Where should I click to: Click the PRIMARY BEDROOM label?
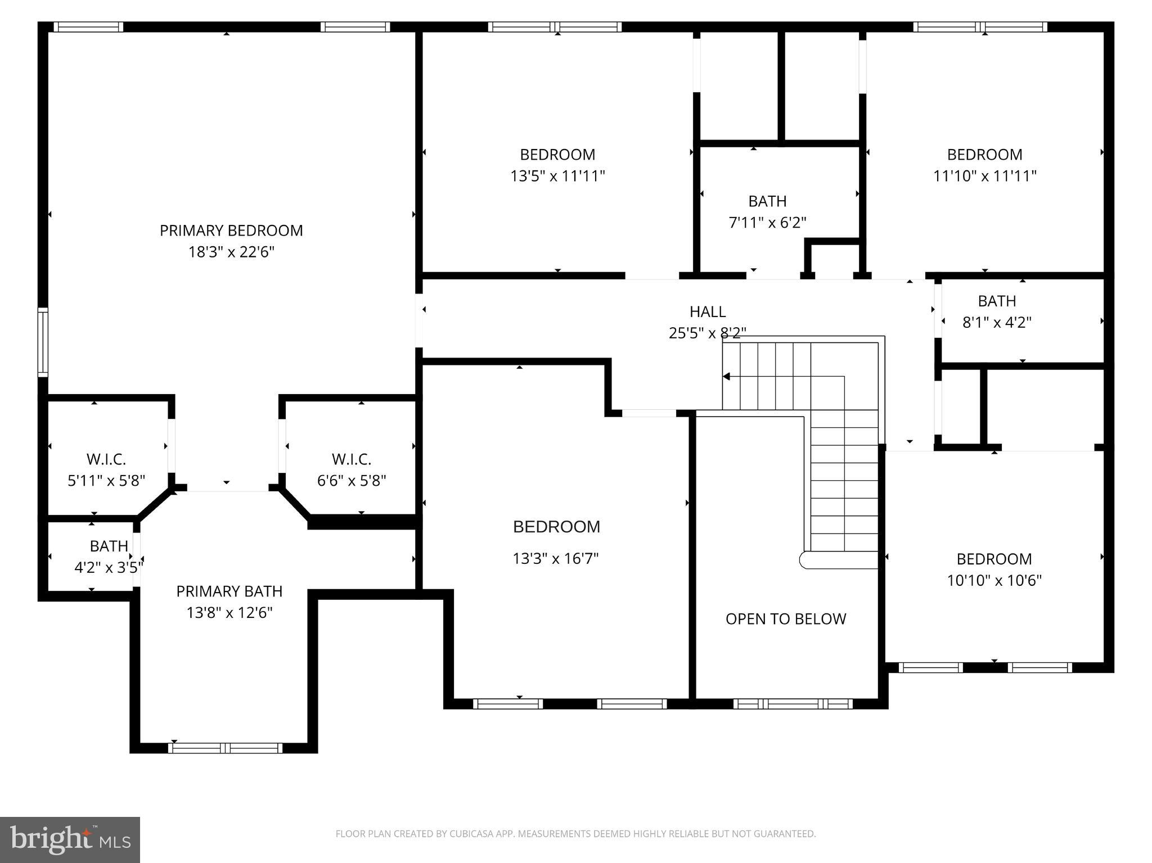tap(231, 231)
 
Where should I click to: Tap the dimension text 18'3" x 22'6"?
tap(231, 252)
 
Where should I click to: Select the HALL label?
tap(707, 311)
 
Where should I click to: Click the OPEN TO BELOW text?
tap(785, 619)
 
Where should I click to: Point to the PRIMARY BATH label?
tap(229, 591)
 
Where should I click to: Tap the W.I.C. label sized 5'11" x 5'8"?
tap(106, 459)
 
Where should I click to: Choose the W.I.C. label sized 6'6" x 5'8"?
tap(352, 459)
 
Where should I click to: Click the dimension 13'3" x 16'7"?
tap(555, 559)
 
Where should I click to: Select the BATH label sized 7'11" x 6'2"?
tap(767, 201)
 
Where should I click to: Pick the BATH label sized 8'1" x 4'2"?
tap(997, 301)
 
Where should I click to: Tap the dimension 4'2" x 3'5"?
tap(109, 567)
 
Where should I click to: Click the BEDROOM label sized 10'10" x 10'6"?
tap(994, 559)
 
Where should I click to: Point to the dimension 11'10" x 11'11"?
tap(984, 176)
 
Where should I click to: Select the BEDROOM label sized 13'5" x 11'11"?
tap(557, 155)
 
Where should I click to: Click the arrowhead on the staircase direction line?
tap(727, 376)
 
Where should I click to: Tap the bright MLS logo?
tap(70, 839)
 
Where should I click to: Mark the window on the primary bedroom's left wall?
tap(43, 342)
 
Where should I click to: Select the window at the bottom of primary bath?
tap(225, 748)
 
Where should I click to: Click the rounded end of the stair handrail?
tap(805, 560)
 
